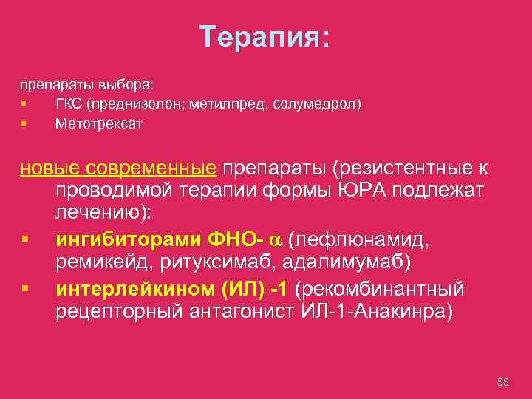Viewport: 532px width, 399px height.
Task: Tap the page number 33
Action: coord(504,382)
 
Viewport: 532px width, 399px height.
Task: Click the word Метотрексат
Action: coord(99,124)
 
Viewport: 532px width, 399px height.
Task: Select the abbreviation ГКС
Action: coord(69,104)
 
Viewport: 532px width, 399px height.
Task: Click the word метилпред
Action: coord(235,104)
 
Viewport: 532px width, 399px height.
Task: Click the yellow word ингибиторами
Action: coord(126,240)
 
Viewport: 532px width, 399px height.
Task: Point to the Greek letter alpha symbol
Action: coord(275,241)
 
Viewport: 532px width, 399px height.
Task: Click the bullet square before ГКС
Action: coord(24,104)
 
